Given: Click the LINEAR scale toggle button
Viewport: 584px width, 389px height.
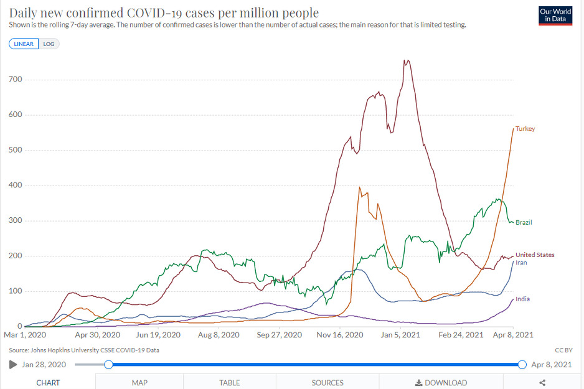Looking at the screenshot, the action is [x=24, y=44].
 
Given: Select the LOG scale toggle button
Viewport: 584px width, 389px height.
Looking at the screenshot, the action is [x=49, y=44].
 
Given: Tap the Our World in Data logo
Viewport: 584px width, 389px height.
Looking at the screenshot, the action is [x=555, y=16].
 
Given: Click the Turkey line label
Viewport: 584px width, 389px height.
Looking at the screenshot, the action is [x=525, y=128].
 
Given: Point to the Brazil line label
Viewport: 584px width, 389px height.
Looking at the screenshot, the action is [x=524, y=222].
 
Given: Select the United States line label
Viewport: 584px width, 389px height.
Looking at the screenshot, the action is [x=535, y=255].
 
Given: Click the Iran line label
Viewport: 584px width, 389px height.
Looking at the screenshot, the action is [x=521, y=263].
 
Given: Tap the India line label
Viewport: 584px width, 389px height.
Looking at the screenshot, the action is [x=522, y=299].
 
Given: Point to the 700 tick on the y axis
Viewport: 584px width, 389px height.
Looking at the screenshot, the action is [x=16, y=79].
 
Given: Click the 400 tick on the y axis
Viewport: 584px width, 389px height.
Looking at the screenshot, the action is [x=16, y=185].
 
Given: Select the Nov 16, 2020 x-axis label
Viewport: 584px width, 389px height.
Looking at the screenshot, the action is [x=340, y=335].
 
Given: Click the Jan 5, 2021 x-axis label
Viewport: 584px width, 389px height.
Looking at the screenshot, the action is [x=400, y=335].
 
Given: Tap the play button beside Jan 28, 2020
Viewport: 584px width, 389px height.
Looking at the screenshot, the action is [x=13, y=365].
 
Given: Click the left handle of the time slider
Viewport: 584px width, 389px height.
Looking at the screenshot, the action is [x=108, y=365].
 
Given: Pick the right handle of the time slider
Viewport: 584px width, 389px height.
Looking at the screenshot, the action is [x=522, y=365].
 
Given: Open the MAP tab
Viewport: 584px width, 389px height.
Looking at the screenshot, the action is [x=139, y=383].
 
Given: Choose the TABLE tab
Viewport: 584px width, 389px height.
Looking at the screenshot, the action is [x=229, y=383].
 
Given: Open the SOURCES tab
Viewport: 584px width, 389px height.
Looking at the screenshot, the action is [x=327, y=383].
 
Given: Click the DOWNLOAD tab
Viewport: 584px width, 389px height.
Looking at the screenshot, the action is [x=441, y=383].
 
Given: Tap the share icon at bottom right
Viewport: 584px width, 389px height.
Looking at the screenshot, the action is [x=542, y=383].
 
